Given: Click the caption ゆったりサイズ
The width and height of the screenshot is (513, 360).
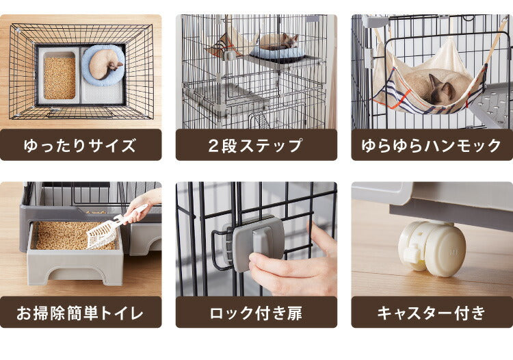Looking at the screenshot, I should click(x=81, y=145).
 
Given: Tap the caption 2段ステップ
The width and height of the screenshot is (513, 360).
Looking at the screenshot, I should click(x=256, y=145).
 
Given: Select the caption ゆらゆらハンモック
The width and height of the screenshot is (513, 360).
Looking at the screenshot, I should click(x=432, y=145).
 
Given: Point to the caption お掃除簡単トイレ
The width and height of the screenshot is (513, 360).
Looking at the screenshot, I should click(x=81, y=313).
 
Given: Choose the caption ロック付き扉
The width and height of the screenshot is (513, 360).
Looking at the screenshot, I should click(x=256, y=313).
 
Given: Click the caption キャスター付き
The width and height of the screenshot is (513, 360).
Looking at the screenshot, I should click(x=432, y=313).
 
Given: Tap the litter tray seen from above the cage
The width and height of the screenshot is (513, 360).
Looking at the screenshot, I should click(x=60, y=77).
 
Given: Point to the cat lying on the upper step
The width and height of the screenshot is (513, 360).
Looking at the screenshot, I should click(x=279, y=40).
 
